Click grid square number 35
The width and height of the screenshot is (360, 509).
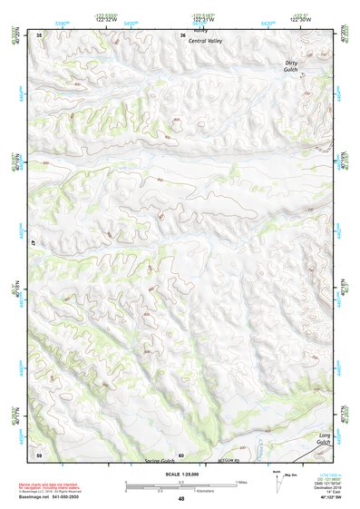39,34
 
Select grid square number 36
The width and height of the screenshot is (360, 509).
182,34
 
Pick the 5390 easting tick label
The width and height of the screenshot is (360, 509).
62,22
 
